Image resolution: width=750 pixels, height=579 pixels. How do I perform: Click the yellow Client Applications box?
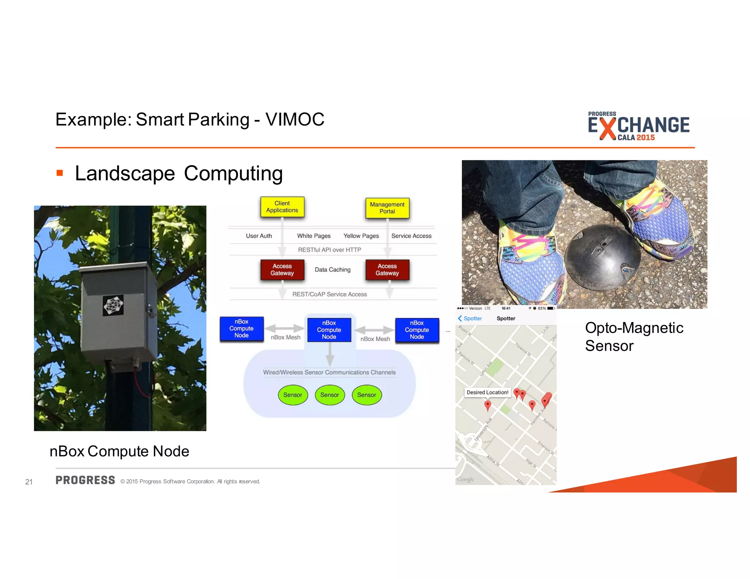[x=282, y=207]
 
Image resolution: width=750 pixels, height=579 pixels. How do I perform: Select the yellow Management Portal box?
[x=387, y=208]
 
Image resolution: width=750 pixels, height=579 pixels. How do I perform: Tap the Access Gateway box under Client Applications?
[x=282, y=270]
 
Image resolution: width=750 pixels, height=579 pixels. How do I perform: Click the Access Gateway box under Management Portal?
[x=387, y=270]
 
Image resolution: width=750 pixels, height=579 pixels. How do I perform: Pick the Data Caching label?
[x=333, y=270]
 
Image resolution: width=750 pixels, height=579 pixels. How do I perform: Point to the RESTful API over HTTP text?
[x=329, y=250]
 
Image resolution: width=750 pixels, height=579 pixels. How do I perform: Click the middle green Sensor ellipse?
[x=330, y=395]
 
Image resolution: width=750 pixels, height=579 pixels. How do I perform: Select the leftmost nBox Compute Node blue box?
[x=241, y=329]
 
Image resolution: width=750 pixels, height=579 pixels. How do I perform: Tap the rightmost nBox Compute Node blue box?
[x=417, y=330]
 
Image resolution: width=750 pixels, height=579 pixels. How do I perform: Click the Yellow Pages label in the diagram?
[x=361, y=236]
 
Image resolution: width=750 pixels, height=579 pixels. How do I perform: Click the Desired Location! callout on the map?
[x=487, y=392]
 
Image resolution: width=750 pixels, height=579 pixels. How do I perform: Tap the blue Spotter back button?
[x=470, y=318]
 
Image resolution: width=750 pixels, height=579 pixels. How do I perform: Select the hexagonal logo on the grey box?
[x=114, y=305]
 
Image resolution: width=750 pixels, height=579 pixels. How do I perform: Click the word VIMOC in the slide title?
[x=295, y=120]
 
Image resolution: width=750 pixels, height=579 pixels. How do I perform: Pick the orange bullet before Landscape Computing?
[x=60, y=173]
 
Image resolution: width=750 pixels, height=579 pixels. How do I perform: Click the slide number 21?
[x=29, y=482]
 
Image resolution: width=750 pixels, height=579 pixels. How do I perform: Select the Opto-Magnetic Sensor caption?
[x=634, y=337]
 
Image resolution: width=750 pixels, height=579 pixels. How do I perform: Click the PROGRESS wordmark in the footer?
[x=85, y=480]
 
